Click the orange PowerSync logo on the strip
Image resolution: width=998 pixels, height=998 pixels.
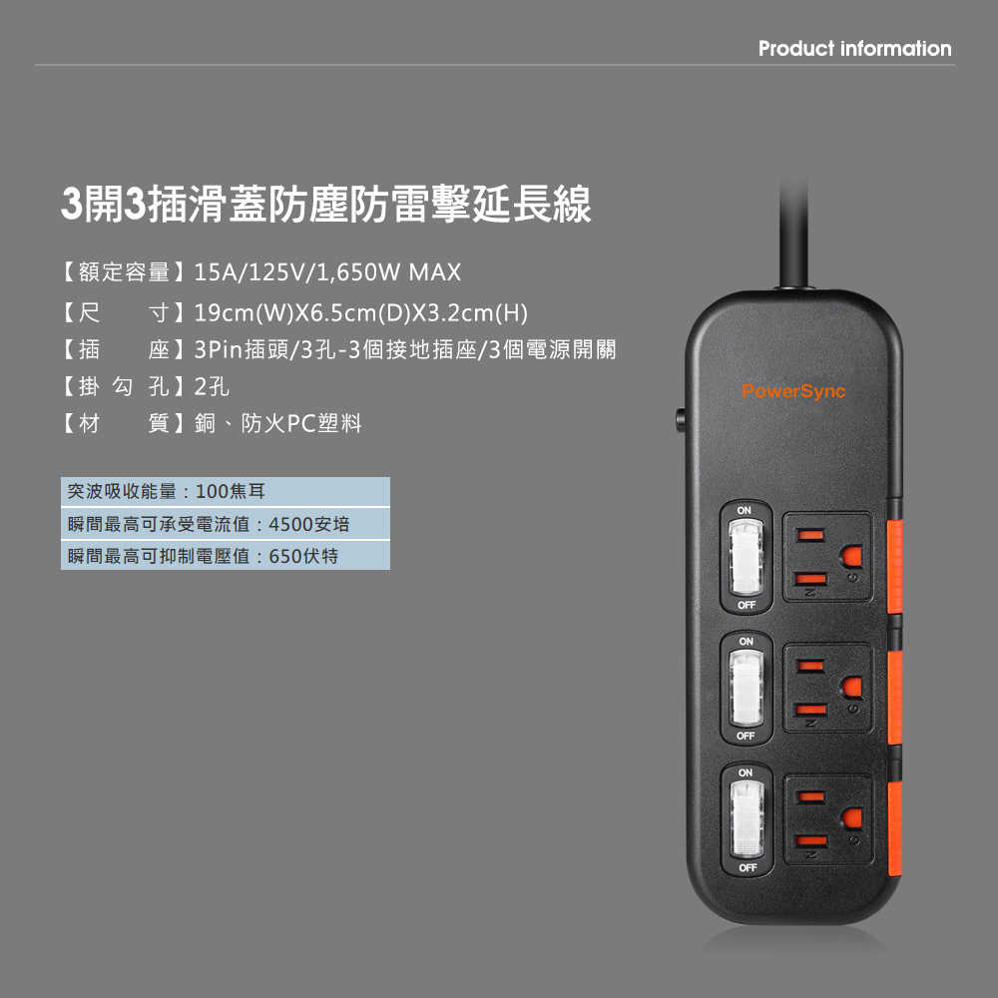point(793,391)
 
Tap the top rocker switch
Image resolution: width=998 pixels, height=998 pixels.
point(746,557)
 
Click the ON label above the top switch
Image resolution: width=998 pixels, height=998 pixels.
point(745,510)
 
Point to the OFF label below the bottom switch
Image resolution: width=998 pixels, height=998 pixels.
point(748,867)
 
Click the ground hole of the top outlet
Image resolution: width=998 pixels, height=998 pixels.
point(852,556)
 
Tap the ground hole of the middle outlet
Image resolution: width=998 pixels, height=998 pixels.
point(852,688)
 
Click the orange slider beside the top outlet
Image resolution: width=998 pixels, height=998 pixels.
point(894,567)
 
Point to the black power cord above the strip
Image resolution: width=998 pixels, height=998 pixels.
point(794,235)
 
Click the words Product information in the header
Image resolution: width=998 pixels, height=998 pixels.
point(855,48)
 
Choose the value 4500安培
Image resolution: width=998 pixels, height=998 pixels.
point(308,525)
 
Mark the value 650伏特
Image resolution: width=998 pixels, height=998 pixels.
point(303,556)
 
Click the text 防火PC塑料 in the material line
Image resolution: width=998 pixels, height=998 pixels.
point(301,423)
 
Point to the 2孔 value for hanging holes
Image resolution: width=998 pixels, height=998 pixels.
point(212,386)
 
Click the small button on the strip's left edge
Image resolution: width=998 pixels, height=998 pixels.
point(680,421)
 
